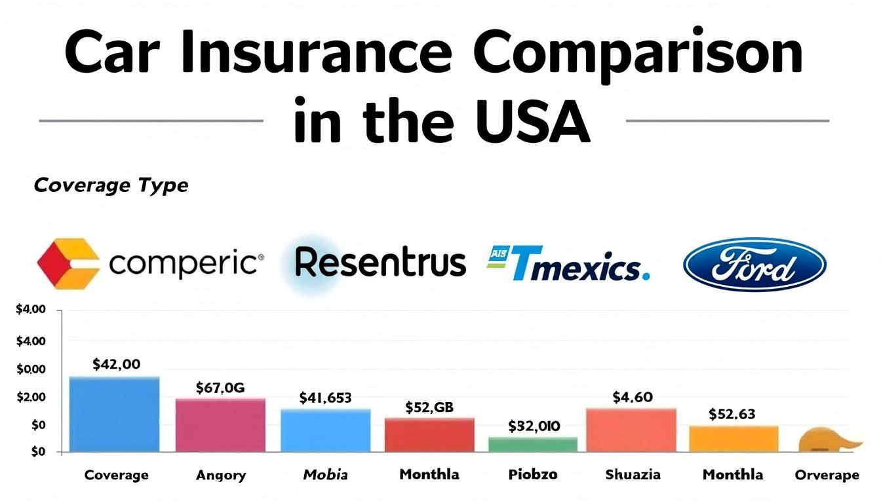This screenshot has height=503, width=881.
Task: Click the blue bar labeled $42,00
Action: pos(114,414)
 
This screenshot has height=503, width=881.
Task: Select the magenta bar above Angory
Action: pos(220,425)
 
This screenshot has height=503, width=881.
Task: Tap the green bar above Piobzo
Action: pos(532,444)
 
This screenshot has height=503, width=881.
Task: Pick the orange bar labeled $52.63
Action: pos(734,438)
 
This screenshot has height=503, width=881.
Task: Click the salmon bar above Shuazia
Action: pos(631,430)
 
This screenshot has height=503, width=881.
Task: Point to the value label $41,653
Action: pos(325,397)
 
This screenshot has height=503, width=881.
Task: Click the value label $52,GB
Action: pos(429,407)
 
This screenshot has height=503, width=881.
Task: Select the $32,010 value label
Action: pos(534,426)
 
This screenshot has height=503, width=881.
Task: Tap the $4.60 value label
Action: pos(632,396)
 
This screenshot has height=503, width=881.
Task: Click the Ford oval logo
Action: pos(754,265)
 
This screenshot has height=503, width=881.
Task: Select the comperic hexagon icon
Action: pos(68,264)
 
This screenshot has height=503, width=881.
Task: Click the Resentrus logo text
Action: pos(380,263)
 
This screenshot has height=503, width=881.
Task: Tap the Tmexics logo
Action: pos(569,265)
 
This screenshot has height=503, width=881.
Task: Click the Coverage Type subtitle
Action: pos(111,185)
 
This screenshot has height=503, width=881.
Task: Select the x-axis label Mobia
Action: pos(325,474)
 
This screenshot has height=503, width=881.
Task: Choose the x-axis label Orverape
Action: pos(826,475)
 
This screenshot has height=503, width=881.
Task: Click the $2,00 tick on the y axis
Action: pos(31,397)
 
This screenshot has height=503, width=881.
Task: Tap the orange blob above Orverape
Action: pos(827,440)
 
